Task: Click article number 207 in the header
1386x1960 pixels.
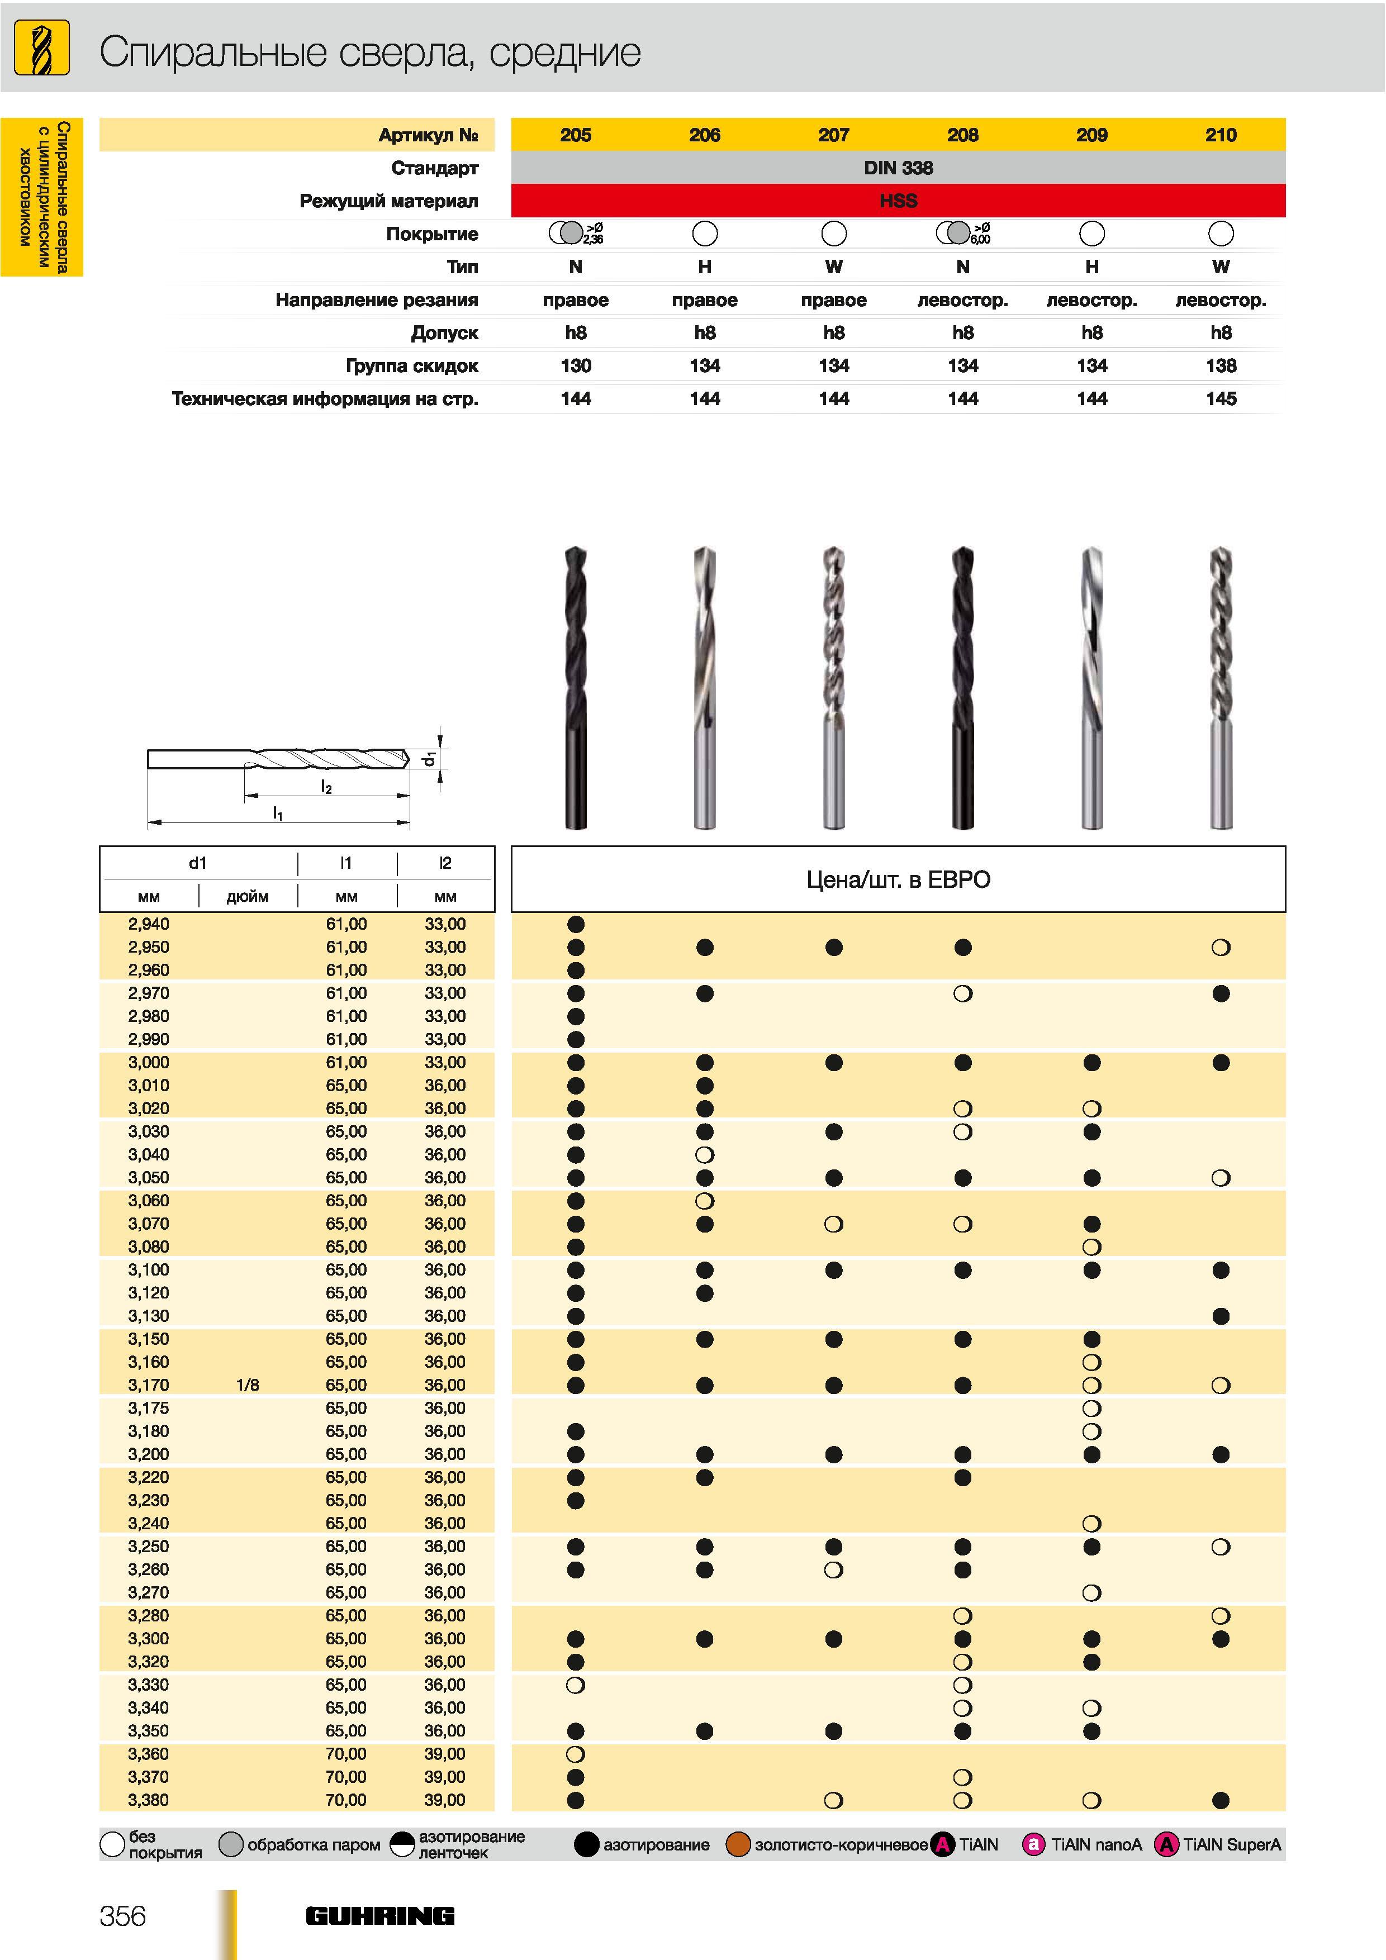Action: pyautogui.click(x=833, y=135)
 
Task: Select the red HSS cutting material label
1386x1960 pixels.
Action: pyautogui.click(x=898, y=201)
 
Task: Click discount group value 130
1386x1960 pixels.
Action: pyautogui.click(x=576, y=365)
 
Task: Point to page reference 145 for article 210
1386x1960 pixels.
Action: pyautogui.click(x=1221, y=399)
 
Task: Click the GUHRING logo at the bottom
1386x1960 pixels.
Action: pyautogui.click(x=380, y=1916)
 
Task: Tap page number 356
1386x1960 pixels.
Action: pyautogui.click(x=123, y=1916)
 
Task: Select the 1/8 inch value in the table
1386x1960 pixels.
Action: pyautogui.click(x=248, y=1385)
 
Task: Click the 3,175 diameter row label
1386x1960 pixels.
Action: pyautogui.click(x=149, y=1407)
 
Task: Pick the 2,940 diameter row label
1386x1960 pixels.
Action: pyautogui.click(x=149, y=924)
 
